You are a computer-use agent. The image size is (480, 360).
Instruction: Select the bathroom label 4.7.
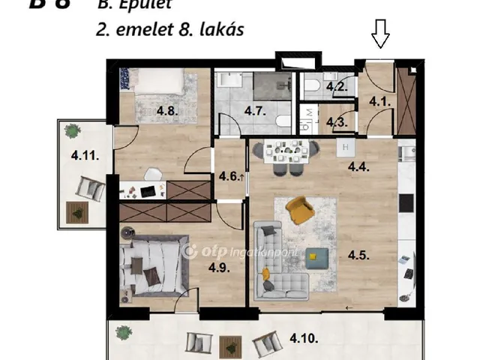click(255, 112)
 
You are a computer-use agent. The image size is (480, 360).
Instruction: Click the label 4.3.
click(337, 122)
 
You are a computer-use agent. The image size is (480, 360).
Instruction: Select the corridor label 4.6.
click(229, 177)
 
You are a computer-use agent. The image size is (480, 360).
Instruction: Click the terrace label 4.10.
click(304, 338)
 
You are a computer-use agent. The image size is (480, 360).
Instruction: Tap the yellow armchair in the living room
click(299, 210)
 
